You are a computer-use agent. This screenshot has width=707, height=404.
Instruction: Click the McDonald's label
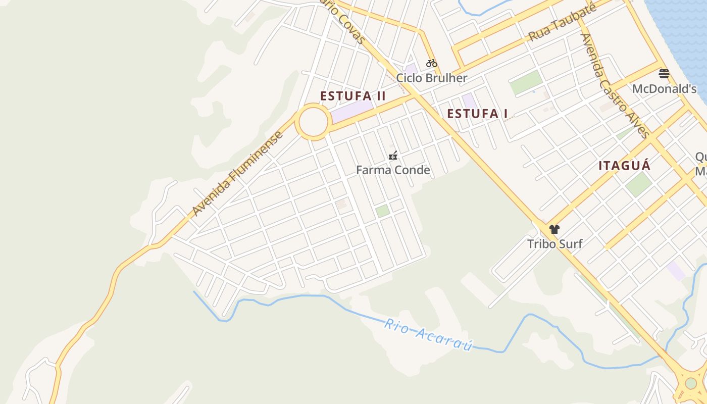(x=664, y=89)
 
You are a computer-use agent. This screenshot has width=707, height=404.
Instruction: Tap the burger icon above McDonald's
(x=664, y=74)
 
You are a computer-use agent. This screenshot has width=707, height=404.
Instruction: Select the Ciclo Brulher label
(x=431, y=78)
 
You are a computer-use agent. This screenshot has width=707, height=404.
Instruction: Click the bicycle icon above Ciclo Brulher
(x=431, y=63)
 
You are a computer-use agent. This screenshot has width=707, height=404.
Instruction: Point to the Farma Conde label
(x=393, y=170)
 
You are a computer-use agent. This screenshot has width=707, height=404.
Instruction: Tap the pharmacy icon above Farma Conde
(x=393, y=156)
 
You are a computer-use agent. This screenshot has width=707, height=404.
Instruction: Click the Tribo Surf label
(x=554, y=244)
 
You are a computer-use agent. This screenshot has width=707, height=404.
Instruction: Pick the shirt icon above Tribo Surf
(x=554, y=229)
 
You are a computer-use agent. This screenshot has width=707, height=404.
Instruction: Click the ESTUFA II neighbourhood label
(x=353, y=96)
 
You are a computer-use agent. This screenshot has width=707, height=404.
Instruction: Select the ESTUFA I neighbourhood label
(x=477, y=114)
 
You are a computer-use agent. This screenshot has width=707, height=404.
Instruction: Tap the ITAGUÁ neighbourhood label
(x=624, y=166)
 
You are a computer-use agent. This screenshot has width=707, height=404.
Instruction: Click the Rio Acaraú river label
(x=428, y=334)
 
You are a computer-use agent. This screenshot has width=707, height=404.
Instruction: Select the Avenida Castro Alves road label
(x=615, y=86)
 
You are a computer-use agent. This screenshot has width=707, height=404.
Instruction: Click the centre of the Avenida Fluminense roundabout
(x=313, y=122)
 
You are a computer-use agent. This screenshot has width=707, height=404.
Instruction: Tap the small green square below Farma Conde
(x=383, y=211)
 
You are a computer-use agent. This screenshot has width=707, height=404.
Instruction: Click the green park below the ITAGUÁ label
(x=638, y=184)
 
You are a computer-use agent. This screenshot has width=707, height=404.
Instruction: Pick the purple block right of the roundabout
(x=351, y=110)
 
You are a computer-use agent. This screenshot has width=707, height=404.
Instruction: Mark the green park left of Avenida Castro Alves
(x=526, y=82)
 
